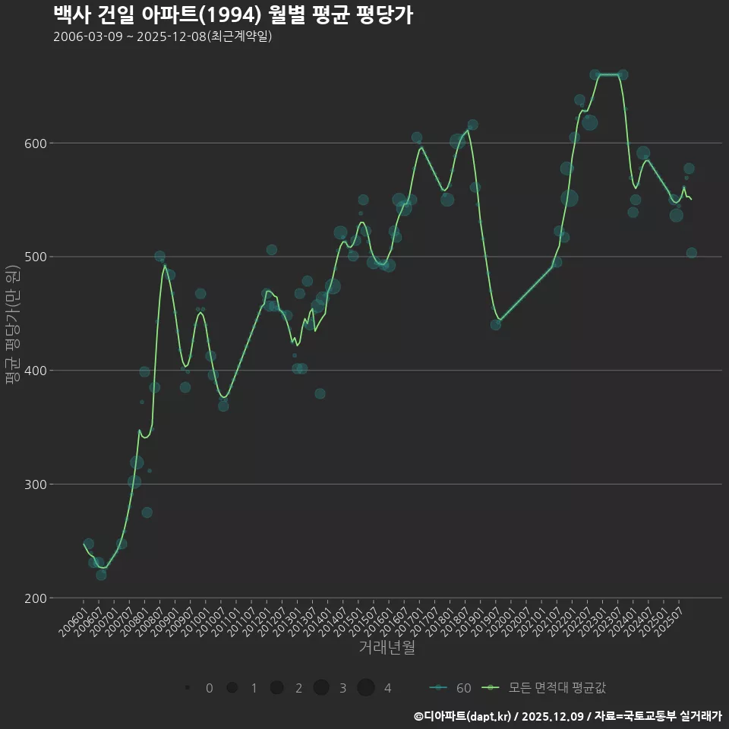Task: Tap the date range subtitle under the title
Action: [x=163, y=36]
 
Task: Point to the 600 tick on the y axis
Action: [x=37, y=144]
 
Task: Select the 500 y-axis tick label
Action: [x=37, y=257]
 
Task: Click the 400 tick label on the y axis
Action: [x=37, y=371]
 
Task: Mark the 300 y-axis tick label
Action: [x=37, y=484]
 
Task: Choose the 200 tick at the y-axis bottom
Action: [x=37, y=598]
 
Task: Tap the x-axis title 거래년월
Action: [x=387, y=648]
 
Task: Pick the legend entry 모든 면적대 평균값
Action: [x=557, y=688]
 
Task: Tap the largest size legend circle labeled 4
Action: [x=366, y=688]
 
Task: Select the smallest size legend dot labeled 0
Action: [x=187, y=688]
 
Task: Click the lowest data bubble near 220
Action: [x=101, y=575]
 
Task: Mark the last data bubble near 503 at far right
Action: [x=691, y=253]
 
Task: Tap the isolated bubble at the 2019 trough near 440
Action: [x=496, y=324]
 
